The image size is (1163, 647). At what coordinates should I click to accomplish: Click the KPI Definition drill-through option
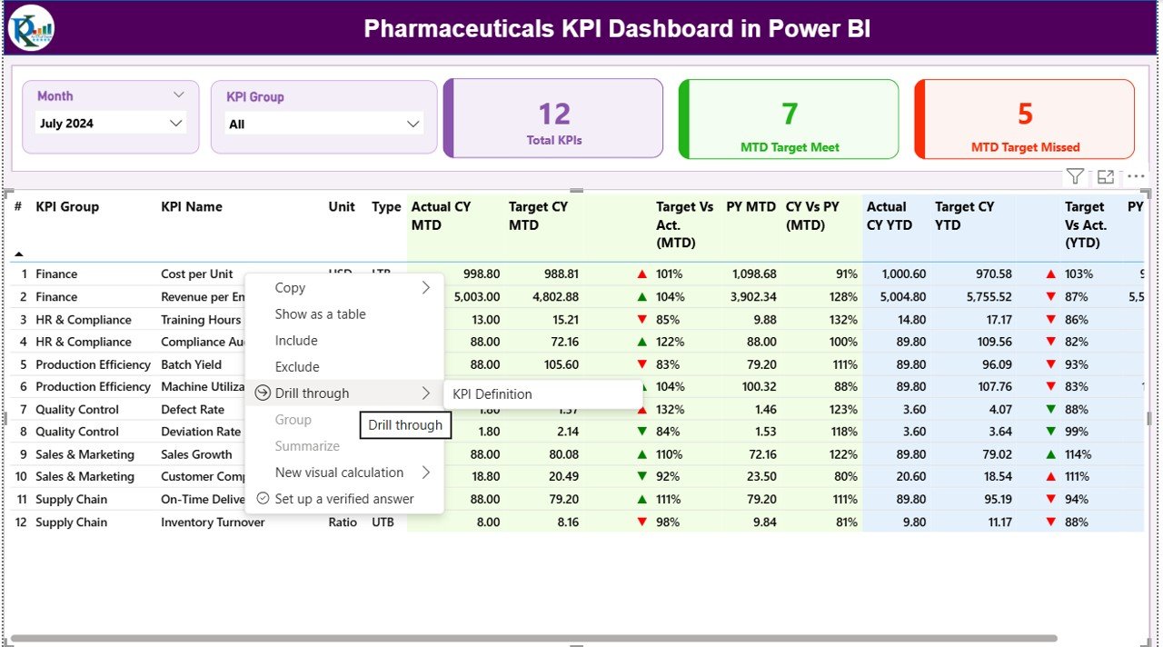(492, 394)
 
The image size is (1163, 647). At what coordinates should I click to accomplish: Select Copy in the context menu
(290, 288)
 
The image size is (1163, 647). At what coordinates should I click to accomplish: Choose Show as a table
(320, 314)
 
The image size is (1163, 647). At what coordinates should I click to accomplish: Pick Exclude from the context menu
(297, 367)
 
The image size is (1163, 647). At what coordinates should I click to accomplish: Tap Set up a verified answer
(343, 499)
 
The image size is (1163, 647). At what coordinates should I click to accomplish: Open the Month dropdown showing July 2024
(111, 124)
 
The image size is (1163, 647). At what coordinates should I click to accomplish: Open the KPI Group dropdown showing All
(323, 124)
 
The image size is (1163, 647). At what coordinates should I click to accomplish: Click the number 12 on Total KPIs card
(554, 114)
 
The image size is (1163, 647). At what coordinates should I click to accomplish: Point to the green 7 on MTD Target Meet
(790, 114)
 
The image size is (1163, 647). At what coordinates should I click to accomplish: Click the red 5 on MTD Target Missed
(1025, 114)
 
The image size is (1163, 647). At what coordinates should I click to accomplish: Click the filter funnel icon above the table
(1075, 177)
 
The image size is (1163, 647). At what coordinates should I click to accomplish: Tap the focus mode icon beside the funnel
(1106, 177)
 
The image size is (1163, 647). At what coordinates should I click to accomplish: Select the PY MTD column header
(750, 207)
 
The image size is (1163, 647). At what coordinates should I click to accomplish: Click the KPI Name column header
(192, 207)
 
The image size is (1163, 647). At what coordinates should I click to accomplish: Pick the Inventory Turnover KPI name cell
(213, 523)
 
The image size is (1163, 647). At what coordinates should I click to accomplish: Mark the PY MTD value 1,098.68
(750, 274)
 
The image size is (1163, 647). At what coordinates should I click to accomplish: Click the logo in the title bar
(31, 28)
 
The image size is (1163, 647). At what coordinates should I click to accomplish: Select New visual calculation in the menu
(339, 473)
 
